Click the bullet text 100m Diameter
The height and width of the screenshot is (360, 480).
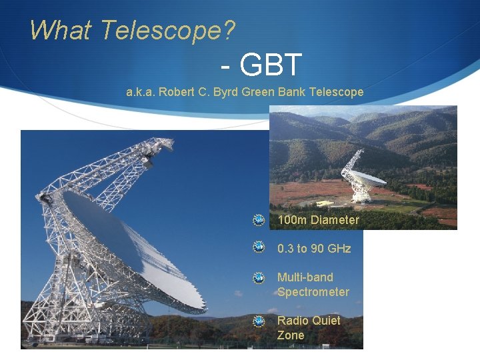click(318, 220)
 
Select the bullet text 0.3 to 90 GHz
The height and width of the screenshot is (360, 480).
click(314, 249)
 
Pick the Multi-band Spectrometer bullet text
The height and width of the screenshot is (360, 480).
click(313, 285)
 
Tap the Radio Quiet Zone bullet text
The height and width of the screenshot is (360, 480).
click(308, 328)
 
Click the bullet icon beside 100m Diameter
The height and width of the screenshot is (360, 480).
click(259, 220)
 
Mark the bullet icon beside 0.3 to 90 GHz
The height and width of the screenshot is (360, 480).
click(259, 248)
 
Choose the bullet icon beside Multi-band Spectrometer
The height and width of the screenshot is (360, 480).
click(259, 277)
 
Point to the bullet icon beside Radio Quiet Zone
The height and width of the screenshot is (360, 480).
click(259, 321)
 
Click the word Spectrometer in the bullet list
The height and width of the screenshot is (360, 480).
click(313, 292)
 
